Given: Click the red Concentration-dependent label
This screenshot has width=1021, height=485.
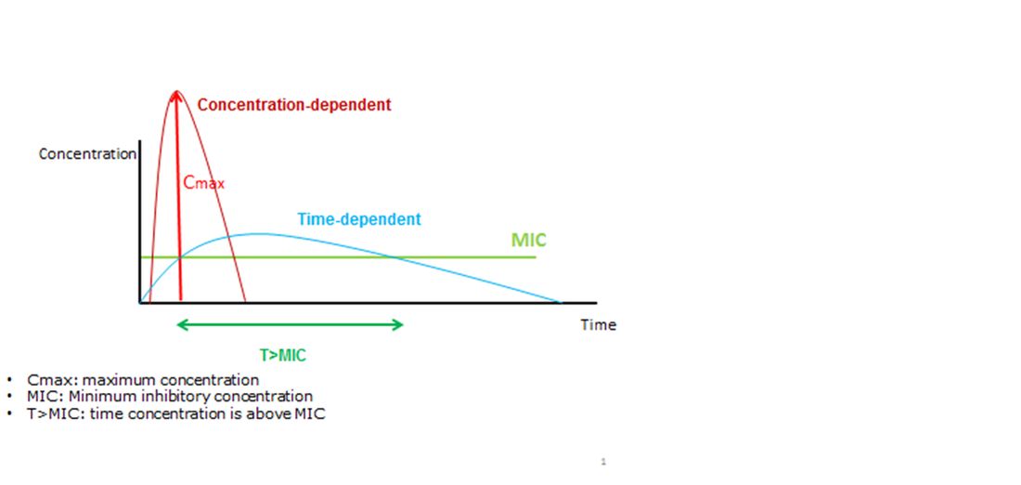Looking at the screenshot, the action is coord(294,104).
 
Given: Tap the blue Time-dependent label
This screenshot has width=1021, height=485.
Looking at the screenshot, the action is coord(359,219).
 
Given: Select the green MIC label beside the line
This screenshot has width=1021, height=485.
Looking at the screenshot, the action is coord(529,240).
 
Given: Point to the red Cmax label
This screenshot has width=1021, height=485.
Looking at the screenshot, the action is coord(204,183).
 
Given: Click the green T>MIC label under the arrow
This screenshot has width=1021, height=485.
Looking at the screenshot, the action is coord(282,355).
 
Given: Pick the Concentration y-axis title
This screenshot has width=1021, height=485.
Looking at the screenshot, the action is coord(87,154).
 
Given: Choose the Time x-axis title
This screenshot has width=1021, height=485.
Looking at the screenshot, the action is coord(599,324).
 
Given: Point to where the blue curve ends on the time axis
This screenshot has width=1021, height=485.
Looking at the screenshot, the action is coord(560,303).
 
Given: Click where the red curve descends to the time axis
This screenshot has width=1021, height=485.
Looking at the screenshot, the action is coord(245,302).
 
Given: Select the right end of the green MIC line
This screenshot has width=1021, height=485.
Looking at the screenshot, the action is coord(536,257).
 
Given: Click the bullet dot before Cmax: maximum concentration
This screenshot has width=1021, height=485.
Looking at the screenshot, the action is coord(9,380).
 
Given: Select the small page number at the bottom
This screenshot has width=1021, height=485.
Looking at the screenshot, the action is coord(603,462).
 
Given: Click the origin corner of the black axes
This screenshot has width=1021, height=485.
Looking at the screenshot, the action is coord(141,303).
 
